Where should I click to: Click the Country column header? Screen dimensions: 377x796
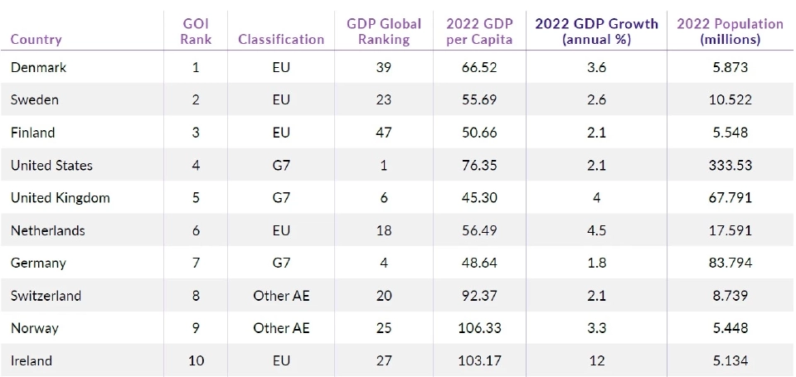point(36,39)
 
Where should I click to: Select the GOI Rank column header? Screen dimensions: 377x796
point(196,31)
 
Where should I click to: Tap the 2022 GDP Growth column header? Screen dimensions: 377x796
point(596,31)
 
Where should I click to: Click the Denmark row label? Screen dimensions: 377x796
point(38,68)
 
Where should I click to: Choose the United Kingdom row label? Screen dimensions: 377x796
point(60,198)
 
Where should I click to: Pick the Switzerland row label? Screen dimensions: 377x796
point(46,296)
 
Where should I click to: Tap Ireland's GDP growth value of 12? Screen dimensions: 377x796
point(596,360)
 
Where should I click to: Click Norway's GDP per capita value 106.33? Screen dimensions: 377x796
point(479,328)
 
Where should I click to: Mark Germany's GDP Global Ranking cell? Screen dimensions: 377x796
point(384,263)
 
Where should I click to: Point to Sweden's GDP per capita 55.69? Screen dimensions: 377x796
point(479,100)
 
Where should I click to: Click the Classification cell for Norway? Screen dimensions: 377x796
point(281,328)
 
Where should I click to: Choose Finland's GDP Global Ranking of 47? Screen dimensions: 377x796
point(384,133)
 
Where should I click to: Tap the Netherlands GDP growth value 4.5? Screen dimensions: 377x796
point(596,230)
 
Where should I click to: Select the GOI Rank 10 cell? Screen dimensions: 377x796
point(196,360)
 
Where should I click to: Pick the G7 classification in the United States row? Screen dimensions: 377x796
point(281,166)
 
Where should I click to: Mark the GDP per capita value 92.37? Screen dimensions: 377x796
point(479,296)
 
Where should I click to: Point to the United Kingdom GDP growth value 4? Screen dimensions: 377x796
point(596,198)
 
